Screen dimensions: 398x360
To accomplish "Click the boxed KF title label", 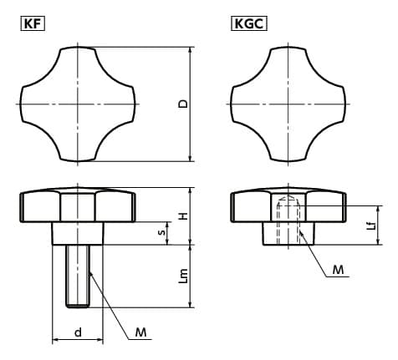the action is (x=33, y=23).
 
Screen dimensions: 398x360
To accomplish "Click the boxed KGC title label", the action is (x=249, y=23).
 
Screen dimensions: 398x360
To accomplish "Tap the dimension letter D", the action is (x=183, y=104).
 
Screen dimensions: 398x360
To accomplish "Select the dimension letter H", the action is (x=183, y=215).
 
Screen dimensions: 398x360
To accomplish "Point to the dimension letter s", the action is (x=161, y=232).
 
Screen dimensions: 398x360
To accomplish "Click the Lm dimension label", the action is (x=183, y=276).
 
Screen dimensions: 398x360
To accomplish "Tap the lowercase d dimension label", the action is (x=78, y=332).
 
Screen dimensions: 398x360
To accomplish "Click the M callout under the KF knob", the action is (x=140, y=332).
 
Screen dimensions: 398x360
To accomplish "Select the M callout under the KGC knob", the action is (x=338, y=270).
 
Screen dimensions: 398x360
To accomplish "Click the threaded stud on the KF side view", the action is (x=78, y=276).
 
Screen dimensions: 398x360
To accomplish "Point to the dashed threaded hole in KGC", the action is (x=288, y=220).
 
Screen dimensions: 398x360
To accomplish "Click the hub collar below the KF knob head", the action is (x=78, y=234).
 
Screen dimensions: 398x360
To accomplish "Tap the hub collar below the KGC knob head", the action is (x=288, y=234).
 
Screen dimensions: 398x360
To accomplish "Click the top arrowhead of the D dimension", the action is (x=191, y=50).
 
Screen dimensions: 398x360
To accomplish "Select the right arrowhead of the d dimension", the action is (x=100, y=340).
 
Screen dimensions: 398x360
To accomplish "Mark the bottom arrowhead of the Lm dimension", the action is (x=191, y=305).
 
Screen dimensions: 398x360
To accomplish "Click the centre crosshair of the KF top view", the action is (x=78, y=104).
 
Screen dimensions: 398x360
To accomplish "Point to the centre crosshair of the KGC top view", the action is (x=288, y=104).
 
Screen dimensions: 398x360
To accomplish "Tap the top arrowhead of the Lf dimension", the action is (x=379, y=210).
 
